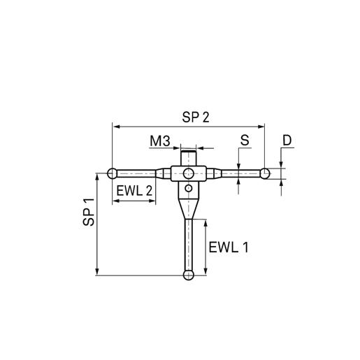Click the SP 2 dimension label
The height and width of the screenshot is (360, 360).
coord(196,117)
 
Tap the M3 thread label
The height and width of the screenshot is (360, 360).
coord(160,141)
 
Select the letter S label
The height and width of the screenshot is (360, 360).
coord(245,141)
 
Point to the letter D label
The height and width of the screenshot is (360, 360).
coord(287,141)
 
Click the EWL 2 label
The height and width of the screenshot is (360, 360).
coord(134,191)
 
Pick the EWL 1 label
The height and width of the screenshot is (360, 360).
coord(229,247)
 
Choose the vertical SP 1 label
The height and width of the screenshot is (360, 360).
coord(89,212)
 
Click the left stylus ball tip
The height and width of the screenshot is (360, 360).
coord(113,173)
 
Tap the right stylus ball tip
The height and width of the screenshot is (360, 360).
coord(265,173)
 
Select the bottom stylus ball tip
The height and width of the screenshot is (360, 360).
coord(189,275)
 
